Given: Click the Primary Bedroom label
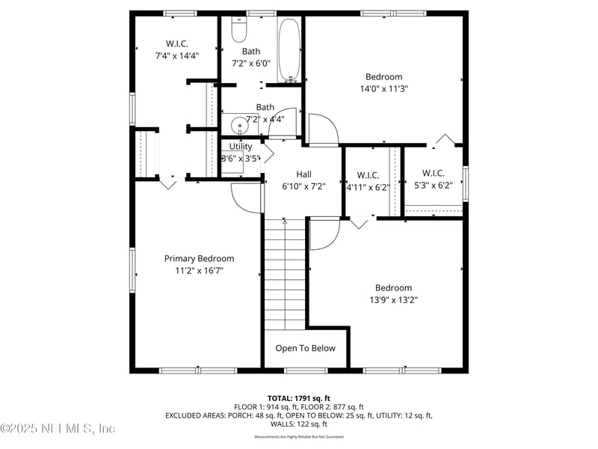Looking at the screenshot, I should (199, 258).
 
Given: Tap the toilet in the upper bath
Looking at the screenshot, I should (239, 31).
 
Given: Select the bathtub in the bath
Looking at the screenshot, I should (290, 50).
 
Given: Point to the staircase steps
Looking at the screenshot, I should (285, 273).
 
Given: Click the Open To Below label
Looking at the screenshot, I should (305, 348).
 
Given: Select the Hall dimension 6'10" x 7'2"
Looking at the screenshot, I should (303, 186).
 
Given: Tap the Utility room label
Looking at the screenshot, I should (241, 147).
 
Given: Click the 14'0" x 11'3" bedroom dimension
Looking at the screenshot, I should (383, 88).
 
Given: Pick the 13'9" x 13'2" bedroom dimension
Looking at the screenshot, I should (393, 299).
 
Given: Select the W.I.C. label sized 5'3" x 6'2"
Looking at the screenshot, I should (433, 173).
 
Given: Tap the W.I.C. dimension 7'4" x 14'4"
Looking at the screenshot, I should (177, 55).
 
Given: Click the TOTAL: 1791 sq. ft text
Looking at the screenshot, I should (298, 398).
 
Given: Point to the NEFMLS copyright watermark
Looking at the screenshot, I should (58, 429).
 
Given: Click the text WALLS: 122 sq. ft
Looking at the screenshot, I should (298, 424).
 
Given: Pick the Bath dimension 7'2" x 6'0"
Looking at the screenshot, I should (250, 64).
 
